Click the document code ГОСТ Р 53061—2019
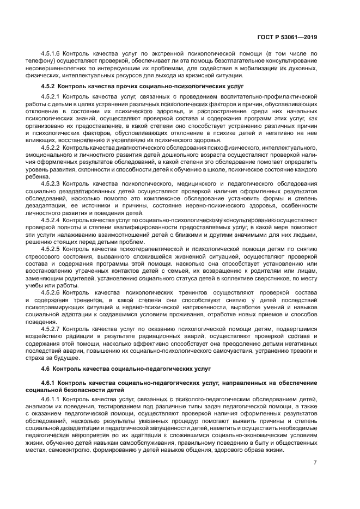[x=288, y=38]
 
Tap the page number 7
[x=315, y=463]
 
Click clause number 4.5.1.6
[x=51, y=54]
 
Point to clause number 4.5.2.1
[x=51, y=97]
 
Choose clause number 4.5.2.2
[x=51, y=147]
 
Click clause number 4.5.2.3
[x=51, y=183]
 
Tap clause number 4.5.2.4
[x=51, y=219]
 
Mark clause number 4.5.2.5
[x=51, y=248]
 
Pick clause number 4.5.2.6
[x=51, y=291]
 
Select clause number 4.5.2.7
[x=51, y=328]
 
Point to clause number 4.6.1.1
[x=51, y=400]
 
